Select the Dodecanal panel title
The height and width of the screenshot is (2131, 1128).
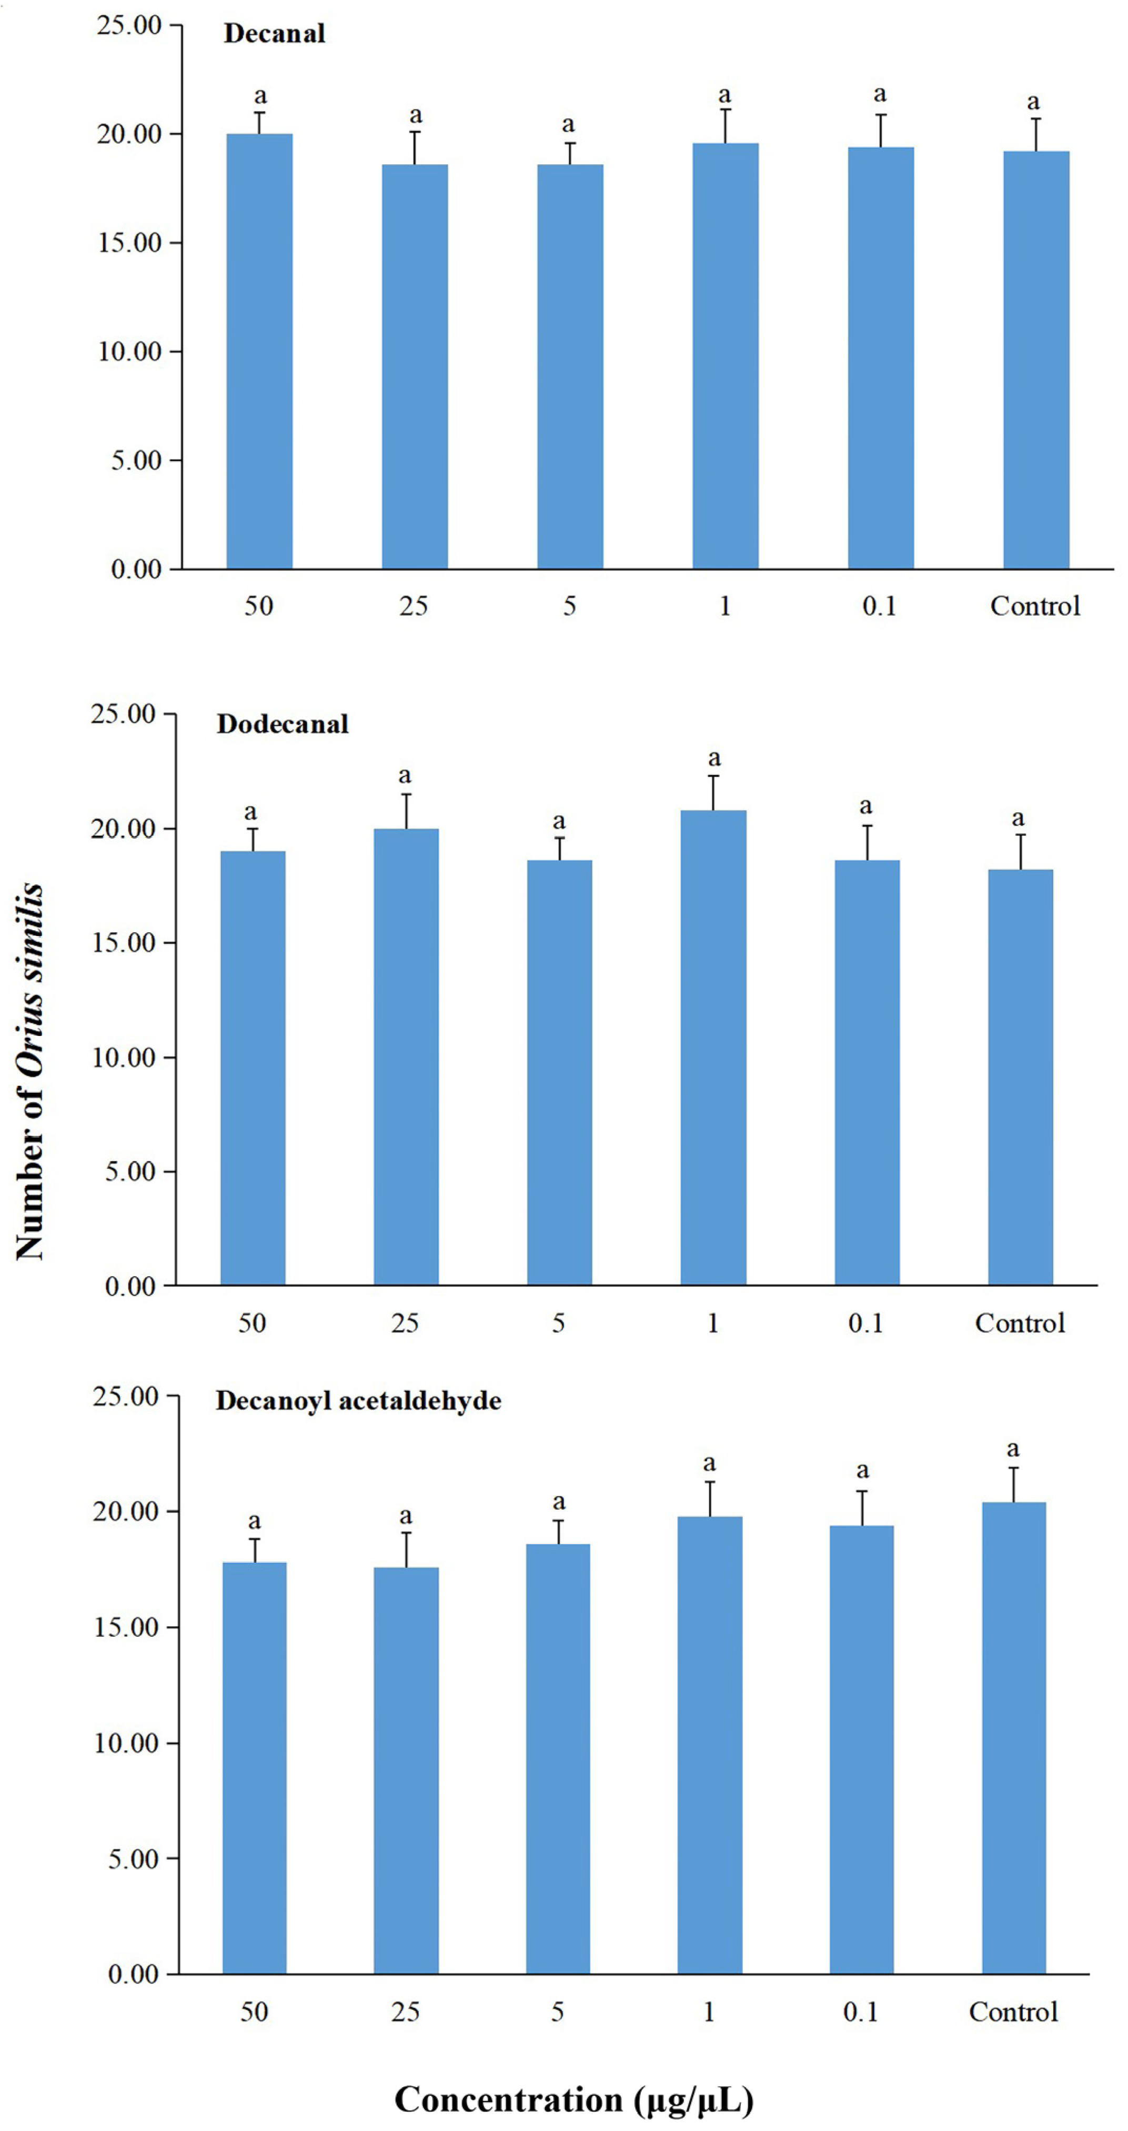coord(282,725)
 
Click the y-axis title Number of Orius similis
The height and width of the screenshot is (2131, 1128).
coord(30,1071)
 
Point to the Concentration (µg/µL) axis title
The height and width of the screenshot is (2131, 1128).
coord(573,2099)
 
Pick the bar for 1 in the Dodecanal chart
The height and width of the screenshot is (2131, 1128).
coord(713,1047)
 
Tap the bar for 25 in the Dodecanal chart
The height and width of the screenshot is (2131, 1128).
coord(406,1057)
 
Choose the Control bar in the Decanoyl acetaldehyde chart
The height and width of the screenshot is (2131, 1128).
coord(1013,1737)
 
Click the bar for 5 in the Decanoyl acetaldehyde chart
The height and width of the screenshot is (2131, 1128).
coord(558,1758)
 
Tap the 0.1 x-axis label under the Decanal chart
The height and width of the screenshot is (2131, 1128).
coord(879,606)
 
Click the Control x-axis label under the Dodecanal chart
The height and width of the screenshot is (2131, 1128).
coord(1020,1323)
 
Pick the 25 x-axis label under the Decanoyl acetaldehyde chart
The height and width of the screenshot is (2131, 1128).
coord(405,2012)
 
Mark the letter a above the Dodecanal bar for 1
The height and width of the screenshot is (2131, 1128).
coord(714,758)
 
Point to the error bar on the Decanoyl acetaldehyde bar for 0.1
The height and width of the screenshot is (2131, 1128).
coord(862,1509)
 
